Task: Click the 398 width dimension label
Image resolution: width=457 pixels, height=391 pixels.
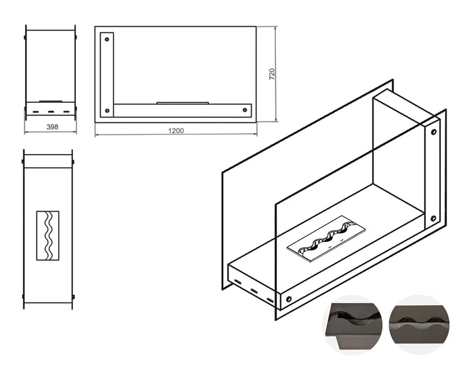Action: coord(52,127)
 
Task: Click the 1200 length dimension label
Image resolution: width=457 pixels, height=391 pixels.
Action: coord(176,131)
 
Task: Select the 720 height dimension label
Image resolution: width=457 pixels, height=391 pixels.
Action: coord(272,74)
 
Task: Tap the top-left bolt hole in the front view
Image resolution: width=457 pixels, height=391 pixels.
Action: coord(107,39)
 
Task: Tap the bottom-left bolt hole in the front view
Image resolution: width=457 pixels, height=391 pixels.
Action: coord(107,111)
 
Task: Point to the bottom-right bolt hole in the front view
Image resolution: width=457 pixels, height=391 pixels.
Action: coord(245,110)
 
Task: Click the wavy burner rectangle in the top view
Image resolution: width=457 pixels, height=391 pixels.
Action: coord(48,236)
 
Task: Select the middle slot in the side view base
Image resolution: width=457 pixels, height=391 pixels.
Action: coord(51,111)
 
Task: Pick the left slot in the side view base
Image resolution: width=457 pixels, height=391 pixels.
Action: coord(36,111)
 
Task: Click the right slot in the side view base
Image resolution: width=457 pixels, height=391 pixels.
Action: coord(67,111)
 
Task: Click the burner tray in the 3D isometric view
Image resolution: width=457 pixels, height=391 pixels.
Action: coord(326,239)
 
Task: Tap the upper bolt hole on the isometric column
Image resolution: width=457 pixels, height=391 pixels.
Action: coord(434,132)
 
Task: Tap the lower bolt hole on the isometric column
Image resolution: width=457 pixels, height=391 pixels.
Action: coord(434,218)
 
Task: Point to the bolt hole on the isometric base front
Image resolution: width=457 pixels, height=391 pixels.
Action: coord(289,299)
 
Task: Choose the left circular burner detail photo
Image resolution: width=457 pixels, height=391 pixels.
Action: coord(352,325)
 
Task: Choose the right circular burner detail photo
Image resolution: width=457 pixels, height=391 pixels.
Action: coord(419,325)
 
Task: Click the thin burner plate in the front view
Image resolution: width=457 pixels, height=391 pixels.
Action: coord(183,103)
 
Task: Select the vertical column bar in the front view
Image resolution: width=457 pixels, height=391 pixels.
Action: coord(107,75)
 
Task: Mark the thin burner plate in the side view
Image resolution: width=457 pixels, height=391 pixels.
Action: coord(51,101)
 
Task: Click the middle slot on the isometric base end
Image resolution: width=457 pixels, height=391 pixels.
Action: coord(254,291)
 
